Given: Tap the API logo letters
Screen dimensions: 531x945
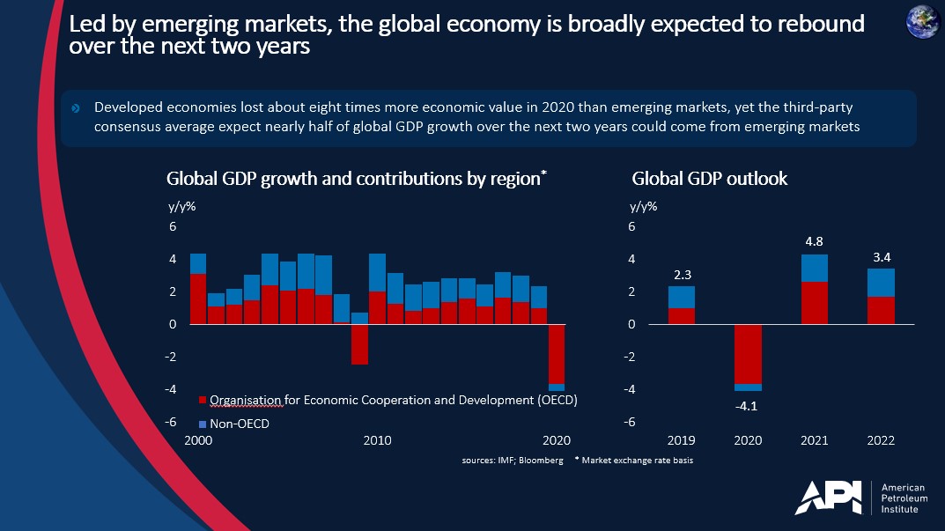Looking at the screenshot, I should [x=829, y=498].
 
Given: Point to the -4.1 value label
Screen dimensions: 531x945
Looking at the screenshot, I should [x=748, y=405].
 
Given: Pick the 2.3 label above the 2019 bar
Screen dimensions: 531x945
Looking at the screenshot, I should [x=682, y=275].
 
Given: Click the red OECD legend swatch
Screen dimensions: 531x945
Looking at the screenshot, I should [x=203, y=401].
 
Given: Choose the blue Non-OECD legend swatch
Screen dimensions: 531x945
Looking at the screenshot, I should [x=203, y=424].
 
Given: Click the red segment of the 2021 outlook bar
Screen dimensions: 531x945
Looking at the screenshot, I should [x=814, y=303].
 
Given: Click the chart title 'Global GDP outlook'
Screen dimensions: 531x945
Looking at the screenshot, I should [x=709, y=179].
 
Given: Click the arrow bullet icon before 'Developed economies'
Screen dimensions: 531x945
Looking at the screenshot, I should [x=76, y=108].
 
